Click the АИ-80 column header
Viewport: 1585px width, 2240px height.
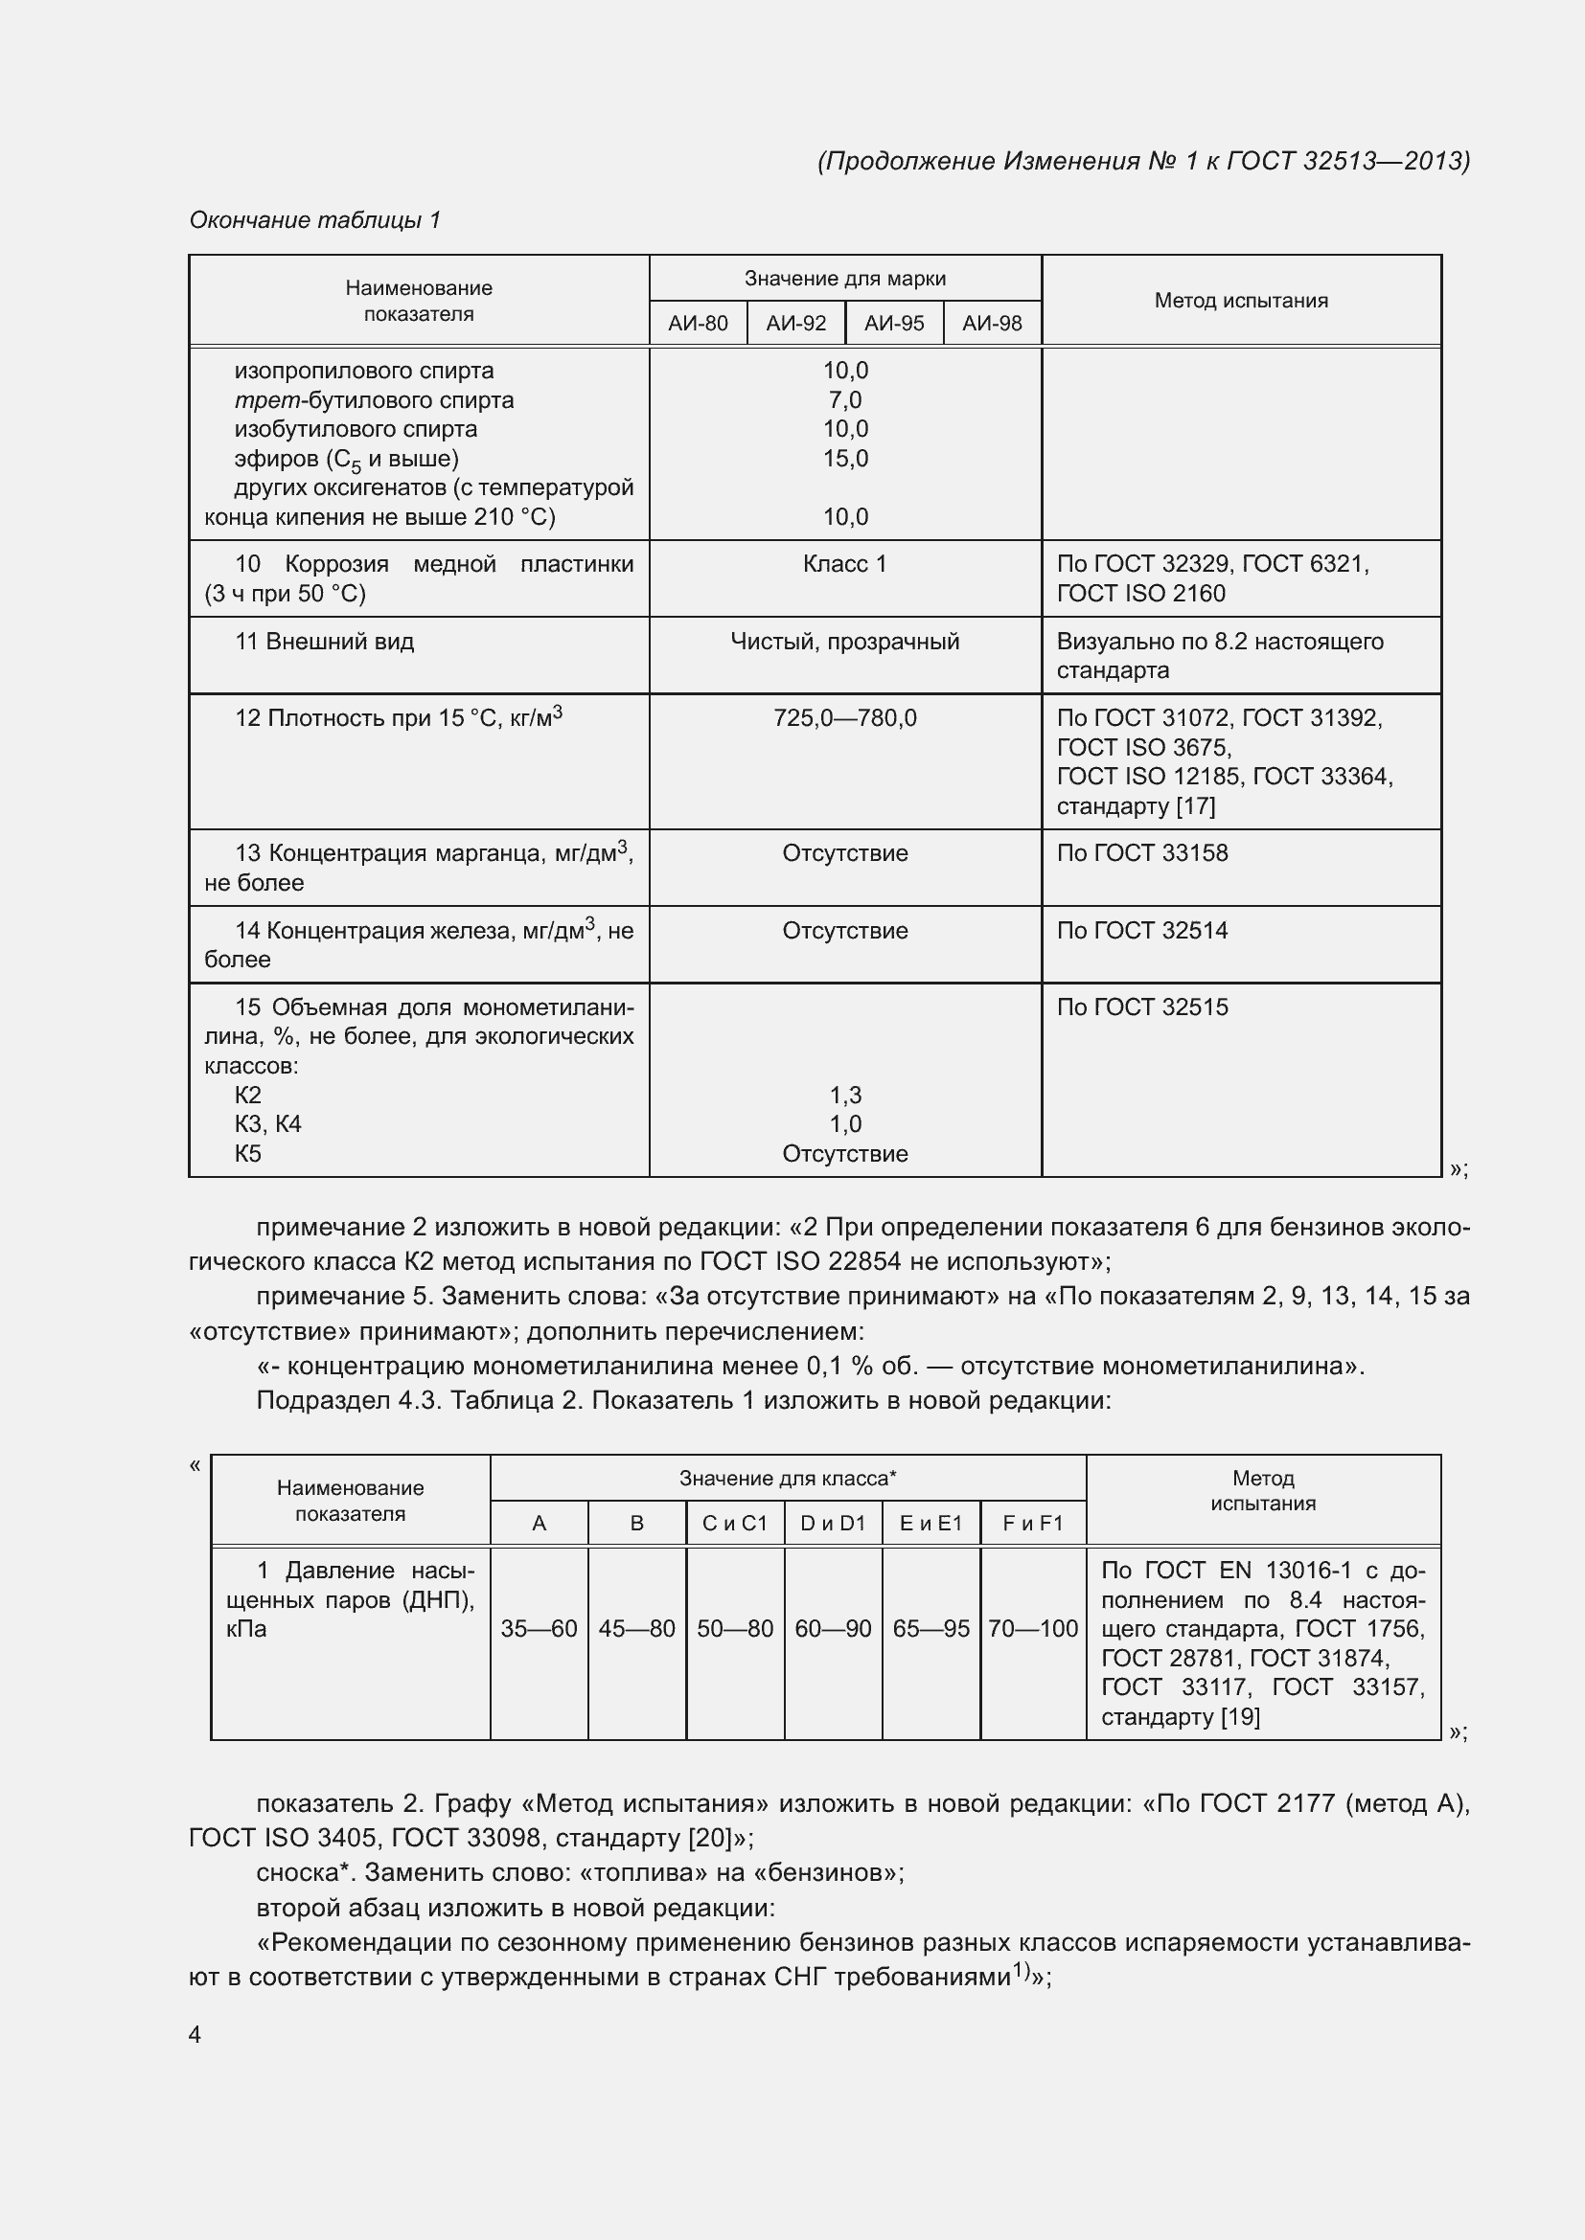click(x=698, y=323)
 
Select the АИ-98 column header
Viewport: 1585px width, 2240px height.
click(x=992, y=323)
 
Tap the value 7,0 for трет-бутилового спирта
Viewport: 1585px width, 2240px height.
click(x=845, y=400)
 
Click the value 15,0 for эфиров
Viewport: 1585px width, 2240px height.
click(x=845, y=459)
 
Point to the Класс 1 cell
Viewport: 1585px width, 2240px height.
click(x=845, y=564)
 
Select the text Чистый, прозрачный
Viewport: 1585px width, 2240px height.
click(x=845, y=641)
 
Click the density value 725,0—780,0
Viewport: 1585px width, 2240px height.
click(x=845, y=718)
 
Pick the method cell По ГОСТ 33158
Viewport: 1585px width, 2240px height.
click(x=1142, y=852)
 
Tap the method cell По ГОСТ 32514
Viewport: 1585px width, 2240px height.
click(x=1142, y=930)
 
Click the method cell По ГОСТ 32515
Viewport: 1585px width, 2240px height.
click(x=1142, y=1007)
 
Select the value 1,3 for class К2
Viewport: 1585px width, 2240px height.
click(x=845, y=1095)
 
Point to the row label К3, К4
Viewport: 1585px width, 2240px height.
click(x=267, y=1124)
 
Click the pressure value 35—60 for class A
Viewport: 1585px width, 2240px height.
click(x=539, y=1628)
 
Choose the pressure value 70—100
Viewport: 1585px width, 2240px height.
click(x=1033, y=1628)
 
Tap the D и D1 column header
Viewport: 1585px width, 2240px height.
click(x=833, y=1523)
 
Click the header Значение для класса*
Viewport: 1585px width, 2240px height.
click(x=788, y=1478)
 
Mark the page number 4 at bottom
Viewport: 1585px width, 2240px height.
click(x=195, y=2034)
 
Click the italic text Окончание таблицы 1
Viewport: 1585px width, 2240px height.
click(x=314, y=219)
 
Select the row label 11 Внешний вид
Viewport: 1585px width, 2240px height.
click(x=324, y=641)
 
